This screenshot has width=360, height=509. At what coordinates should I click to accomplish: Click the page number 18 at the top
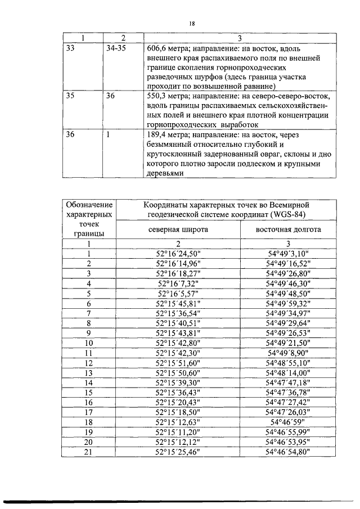192,24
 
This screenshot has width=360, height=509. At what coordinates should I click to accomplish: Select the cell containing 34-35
116,49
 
